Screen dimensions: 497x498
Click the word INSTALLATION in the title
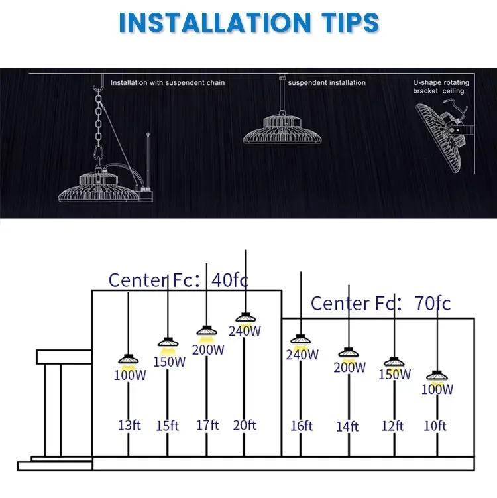coord(215,23)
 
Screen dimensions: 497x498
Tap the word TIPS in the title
coord(350,23)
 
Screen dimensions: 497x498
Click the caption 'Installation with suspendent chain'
coord(168,83)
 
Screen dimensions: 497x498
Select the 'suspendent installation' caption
coord(327,83)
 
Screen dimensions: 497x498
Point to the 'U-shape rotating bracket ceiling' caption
coord(441,87)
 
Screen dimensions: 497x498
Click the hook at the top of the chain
coord(99,84)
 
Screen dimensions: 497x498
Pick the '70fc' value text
coord(433,303)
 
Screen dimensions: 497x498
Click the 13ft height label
coord(129,425)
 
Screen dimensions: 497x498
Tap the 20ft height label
coord(245,425)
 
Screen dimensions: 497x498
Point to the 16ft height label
coord(302,426)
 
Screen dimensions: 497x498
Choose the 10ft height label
coord(435,426)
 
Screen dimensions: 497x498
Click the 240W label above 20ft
coord(245,331)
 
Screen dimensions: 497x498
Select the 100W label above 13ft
coord(130,375)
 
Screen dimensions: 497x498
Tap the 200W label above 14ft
coord(349,367)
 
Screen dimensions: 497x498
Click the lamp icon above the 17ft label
coord(207,331)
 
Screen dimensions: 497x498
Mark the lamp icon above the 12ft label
coord(394,362)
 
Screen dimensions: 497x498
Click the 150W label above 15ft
coord(169,362)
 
